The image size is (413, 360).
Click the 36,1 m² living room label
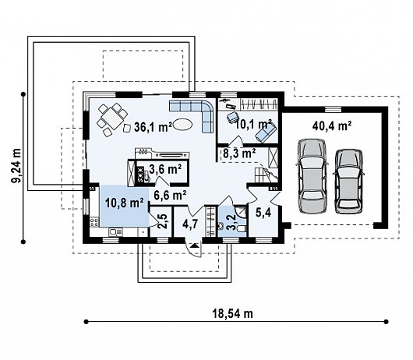153,127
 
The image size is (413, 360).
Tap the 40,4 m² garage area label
332,126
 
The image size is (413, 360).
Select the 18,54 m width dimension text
232,314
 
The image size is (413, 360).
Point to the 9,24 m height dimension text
16,166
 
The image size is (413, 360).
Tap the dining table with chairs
112,119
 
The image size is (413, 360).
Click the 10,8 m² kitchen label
125,203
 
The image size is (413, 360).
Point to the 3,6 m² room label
165,169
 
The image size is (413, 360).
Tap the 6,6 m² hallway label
170,196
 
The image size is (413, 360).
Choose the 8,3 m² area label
239,153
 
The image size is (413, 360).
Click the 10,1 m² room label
253,125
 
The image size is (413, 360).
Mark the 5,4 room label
263,213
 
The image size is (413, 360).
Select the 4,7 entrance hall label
190,224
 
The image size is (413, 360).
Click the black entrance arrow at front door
195,246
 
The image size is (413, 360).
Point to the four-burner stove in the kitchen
94,222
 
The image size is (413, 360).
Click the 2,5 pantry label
162,221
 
